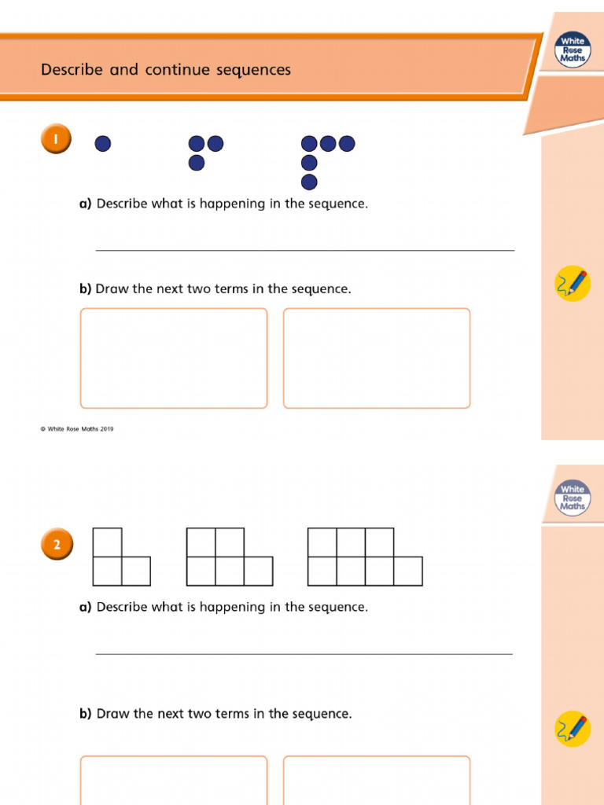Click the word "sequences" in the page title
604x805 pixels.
tap(256, 70)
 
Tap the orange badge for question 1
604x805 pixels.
tap(55, 140)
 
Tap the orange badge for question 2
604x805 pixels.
tap(55, 544)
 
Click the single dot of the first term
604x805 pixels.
tap(102, 144)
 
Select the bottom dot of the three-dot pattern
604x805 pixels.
tap(197, 163)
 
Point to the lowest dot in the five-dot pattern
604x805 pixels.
tap(309, 182)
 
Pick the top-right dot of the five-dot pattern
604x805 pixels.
tap(347, 144)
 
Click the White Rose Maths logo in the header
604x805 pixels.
tap(573, 50)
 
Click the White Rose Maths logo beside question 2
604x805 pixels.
tap(573, 498)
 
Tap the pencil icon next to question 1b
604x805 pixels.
tap(573, 284)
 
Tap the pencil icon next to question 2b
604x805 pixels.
tap(573, 729)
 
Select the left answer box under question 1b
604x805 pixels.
tap(174, 358)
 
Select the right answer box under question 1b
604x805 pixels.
tap(377, 358)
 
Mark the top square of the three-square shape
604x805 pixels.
tap(108, 542)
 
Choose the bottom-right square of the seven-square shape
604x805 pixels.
tap(408, 572)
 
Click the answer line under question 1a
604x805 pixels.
tap(305, 250)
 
